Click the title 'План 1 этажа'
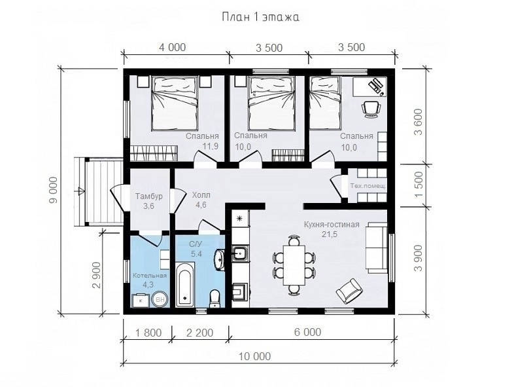tap(261, 17)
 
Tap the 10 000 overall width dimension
tap(254, 356)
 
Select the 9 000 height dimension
tap(53, 190)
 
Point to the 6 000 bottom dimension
tap(307, 332)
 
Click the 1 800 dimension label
tap(148, 333)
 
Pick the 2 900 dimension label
tap(96, 275)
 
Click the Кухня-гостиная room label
tap(332, 225)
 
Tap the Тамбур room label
tap(149, 196)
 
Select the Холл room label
tap(201, 195)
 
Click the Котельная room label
tap(150, 276)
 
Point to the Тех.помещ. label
tap(368, 186)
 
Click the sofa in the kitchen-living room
tap(377, 248)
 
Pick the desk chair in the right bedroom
tap(371, 109)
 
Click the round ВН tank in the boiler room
tap(160, 299)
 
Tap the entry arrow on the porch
tap(80, 191)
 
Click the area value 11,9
tap(211, 147)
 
